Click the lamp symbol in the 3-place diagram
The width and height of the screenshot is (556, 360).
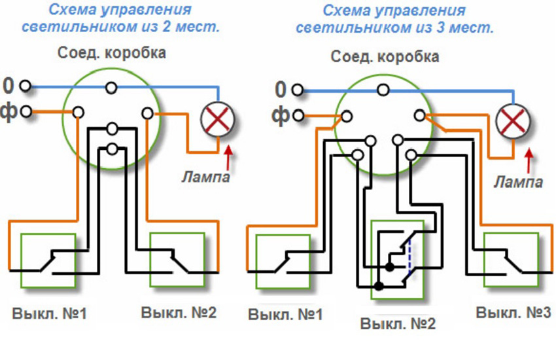[x=513, y=122]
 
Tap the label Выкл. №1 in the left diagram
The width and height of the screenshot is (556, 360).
[x=49, y=313]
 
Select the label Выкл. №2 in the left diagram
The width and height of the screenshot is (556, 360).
[x=179, y=312]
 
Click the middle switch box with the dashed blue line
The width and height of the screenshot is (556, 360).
[x=397, y=259]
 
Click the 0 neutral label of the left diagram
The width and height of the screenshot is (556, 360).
[x=9, y=86]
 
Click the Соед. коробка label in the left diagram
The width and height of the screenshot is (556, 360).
[x=111, y=52]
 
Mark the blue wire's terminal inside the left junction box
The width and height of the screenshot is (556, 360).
[x=113, y=86]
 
